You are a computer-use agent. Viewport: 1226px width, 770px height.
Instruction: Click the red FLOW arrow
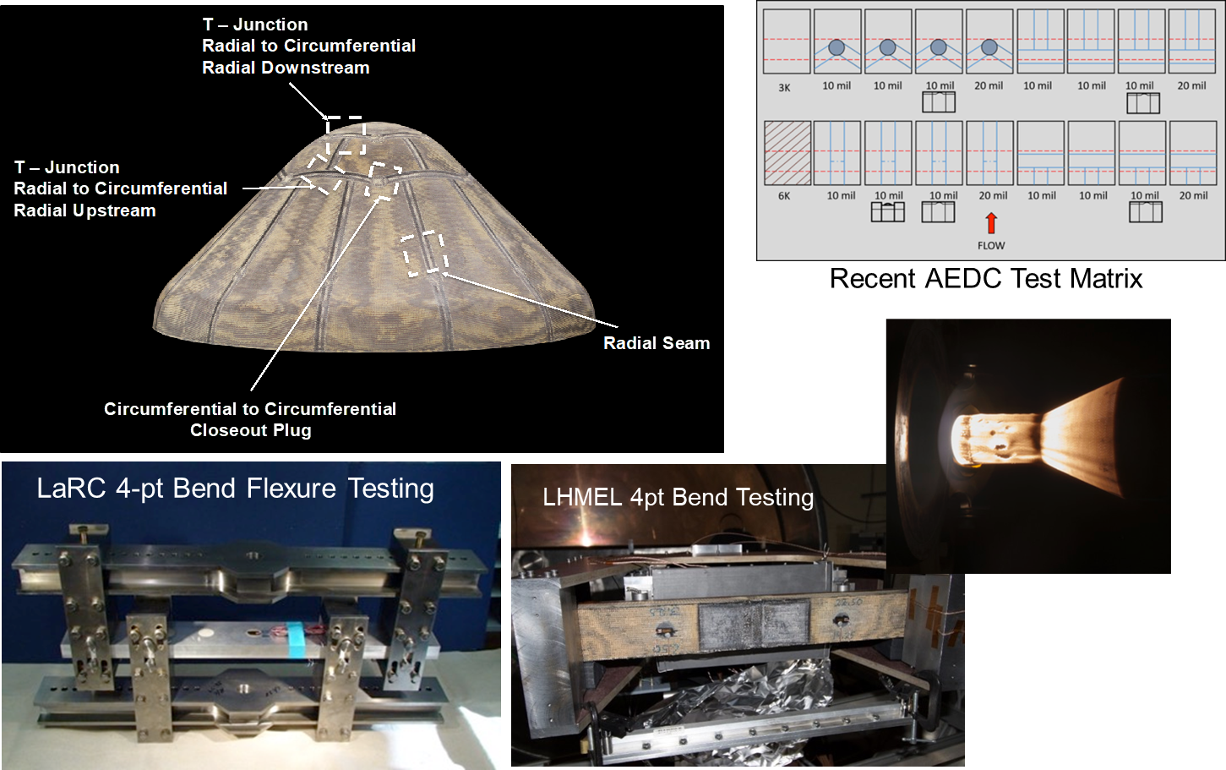(x=991, y=223)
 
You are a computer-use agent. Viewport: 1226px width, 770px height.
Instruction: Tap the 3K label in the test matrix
(x=784, y=88)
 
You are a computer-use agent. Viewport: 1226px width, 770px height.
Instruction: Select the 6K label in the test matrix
(x=784, y=195)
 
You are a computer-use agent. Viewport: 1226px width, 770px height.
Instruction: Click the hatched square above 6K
(x=787, y=153)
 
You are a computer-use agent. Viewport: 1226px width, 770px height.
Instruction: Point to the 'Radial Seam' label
(x=657, y=343)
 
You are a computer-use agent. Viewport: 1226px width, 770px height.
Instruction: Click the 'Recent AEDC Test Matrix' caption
(x=986, y=278)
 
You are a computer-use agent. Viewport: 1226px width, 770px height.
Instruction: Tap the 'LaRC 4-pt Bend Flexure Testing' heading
(x=236, y=489)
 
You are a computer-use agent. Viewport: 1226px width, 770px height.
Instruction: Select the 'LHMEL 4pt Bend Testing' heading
(x=678, y=498)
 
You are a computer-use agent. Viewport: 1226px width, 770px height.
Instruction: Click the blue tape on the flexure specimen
(x=296, y=636)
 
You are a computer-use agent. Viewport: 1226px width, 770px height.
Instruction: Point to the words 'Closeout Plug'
(x=251, y=430)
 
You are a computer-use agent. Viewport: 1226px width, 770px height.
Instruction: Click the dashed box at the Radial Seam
(x=425, y=253)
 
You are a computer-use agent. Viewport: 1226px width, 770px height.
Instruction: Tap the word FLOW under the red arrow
(x=991, y=246)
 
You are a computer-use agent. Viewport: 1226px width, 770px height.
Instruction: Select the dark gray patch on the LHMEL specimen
(x=753, y=625)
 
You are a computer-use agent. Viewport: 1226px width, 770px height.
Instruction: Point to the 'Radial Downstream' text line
(x=286, y=68)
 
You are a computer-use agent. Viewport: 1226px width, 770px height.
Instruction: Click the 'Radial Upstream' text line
(x=84, y=210)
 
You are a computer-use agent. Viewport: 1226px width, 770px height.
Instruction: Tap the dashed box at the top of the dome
(x=346, y=134)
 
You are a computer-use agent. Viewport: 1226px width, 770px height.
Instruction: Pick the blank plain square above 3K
(x=787, y=41)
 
